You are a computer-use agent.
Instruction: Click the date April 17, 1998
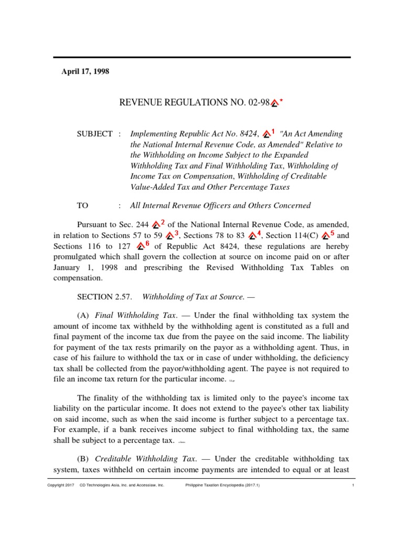[86, 72]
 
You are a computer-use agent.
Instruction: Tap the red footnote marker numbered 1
[269, 133]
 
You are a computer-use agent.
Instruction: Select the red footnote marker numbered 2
[158, 225]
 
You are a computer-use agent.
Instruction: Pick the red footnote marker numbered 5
[328, 235]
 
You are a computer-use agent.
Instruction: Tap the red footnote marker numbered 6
[143, 245]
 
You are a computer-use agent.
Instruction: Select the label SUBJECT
[94, 134]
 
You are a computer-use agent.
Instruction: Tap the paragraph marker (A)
[83, 315]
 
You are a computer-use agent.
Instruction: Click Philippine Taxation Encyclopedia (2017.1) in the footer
[222, 485]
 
